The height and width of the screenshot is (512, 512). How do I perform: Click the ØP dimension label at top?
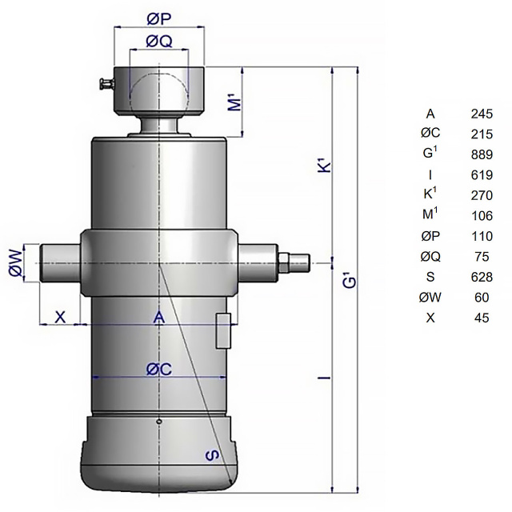tap(158, 19)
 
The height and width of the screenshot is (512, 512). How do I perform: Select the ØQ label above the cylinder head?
tap(159, 42)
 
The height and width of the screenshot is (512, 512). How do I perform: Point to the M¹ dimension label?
tap(236, 102)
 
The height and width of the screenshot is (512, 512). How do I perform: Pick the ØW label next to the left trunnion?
tap(16, 262)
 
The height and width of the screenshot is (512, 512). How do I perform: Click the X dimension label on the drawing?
tap(60, 317)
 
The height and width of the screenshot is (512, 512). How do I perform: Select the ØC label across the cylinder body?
tap(159, 370)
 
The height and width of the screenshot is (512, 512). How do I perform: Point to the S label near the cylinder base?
tap(213, 455)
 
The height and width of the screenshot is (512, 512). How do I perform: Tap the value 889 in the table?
tap(482, 154)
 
